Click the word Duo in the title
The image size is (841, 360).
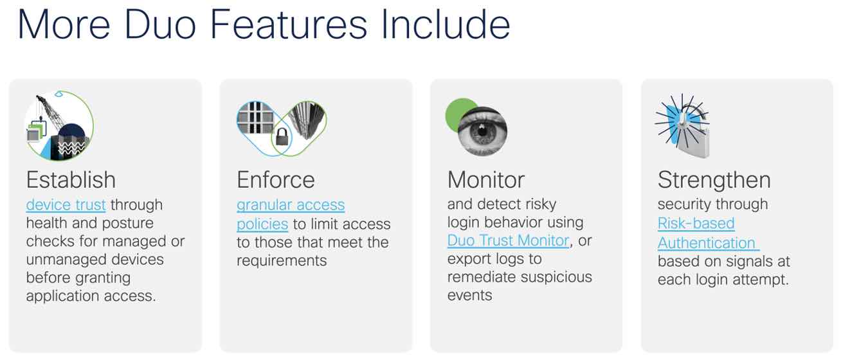coord(160,24)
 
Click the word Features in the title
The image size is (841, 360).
coord(288,24)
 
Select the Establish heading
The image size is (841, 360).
coord(71,180)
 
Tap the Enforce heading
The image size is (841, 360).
coord(276,180)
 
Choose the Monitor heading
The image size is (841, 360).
coord(486,180)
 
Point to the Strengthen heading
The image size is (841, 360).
coord(714,181)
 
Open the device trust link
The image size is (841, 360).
coord(66,205)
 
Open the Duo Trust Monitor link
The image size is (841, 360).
coord(509,240)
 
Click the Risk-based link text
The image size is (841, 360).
coord(696,223)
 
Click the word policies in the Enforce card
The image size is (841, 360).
coord(262,224)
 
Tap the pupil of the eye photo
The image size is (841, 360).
coord(482,131)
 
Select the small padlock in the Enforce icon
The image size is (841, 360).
coord(282,136)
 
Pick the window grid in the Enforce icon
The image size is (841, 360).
coord(256,118)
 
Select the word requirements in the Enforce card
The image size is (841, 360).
coord(282,261)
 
